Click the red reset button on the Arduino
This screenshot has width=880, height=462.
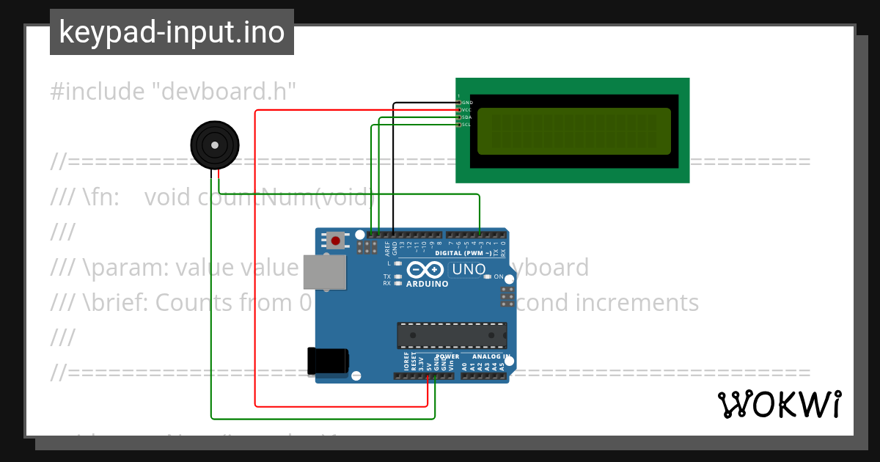[x=336, y=240]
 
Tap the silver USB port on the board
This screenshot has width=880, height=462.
[x=324, y=272]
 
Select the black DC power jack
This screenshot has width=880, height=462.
[x=327, y=360]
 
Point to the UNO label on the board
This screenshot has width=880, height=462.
[x=469, y=270]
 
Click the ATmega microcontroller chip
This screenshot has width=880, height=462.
[x=452, y=335]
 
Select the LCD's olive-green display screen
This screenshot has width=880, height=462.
[x=574, y=131]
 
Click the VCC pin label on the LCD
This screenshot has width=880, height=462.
[x=466, y=110]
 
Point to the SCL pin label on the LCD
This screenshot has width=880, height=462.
[x=466, y=125]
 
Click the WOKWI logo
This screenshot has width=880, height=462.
[x=779, y=405]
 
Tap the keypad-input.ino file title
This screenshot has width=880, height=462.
[x=172, y=32]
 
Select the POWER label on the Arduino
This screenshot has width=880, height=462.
[x=447, y=356]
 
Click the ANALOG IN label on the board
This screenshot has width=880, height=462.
[x=485, y=356]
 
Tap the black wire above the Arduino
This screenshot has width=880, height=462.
[x=394, y=169]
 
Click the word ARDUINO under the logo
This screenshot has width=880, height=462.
[x=426, y=284]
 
